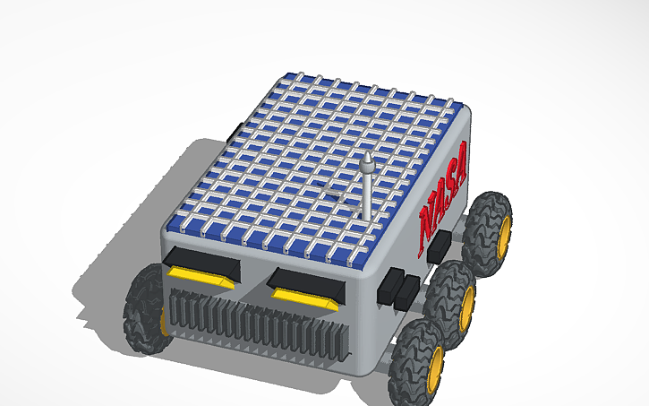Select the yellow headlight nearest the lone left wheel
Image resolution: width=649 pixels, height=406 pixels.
(198, 276)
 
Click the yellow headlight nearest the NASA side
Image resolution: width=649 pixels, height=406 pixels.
(303, 297)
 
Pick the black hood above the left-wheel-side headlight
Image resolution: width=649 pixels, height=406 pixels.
(201, 261)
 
